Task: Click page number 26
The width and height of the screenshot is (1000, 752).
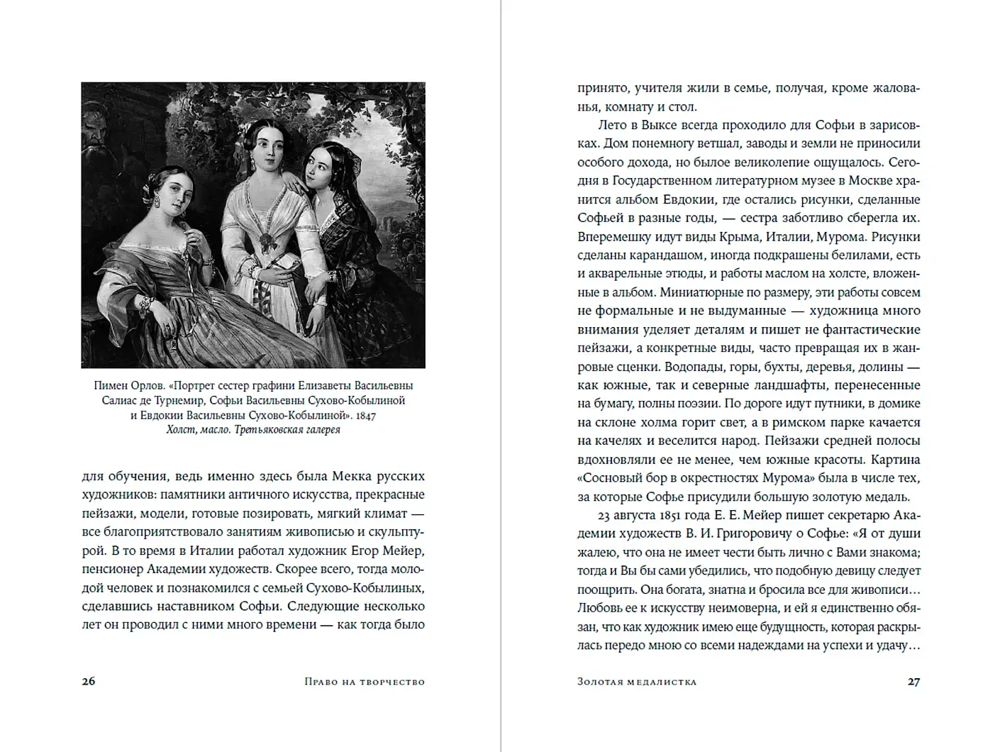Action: pos(88,681)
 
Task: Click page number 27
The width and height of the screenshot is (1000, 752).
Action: pos(913,681)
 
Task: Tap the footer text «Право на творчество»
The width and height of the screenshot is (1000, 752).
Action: pos(365,682)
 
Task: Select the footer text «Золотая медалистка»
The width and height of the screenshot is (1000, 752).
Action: pos(637,682)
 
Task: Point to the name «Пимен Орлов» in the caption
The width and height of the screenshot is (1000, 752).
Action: pos(128,386)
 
